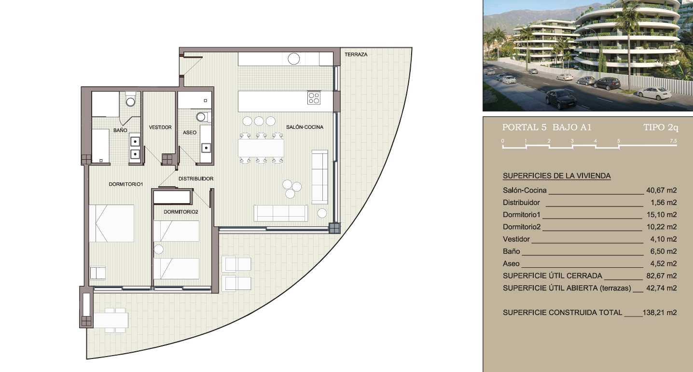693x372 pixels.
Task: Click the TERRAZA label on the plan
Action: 356,55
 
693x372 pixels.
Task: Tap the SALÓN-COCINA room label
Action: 305,127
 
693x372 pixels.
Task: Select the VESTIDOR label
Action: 160,127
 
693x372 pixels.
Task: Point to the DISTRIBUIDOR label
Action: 196,179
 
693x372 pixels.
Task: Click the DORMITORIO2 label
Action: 180,212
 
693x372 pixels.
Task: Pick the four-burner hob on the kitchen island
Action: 314,98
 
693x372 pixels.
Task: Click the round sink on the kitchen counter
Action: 293,59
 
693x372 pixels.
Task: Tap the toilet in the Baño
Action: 131,99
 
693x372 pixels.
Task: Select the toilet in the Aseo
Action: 203,117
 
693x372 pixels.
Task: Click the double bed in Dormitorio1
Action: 111,223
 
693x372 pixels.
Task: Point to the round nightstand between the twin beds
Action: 159,249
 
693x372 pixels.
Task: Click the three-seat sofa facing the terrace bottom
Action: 281,213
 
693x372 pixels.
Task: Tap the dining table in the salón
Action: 261,148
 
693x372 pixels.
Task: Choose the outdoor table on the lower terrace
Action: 111,320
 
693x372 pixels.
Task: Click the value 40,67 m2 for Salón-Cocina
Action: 662,191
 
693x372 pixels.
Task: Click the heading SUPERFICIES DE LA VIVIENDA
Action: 556,176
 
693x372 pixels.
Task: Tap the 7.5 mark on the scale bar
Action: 673,141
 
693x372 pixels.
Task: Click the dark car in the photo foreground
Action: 561,98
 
